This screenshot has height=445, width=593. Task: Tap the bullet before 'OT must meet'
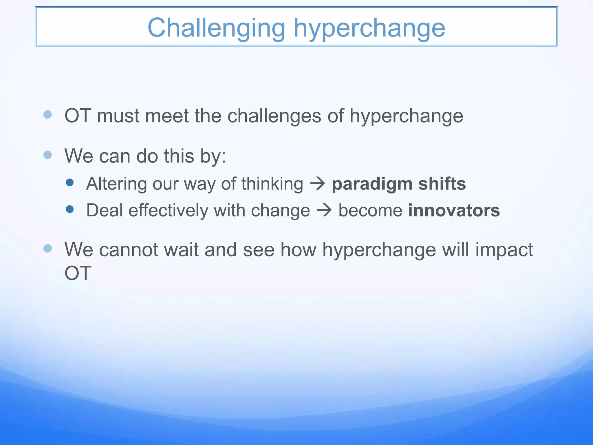[x=47, y=114]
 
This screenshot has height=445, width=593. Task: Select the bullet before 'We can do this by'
[x=47, y=155]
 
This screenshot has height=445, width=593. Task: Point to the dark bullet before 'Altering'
[x=70, y=183]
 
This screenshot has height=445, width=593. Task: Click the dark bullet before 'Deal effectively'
[x=70, y=209]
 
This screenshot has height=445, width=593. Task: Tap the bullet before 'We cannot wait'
[x=47, y=248]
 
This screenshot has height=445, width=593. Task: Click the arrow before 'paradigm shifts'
[x=318, y=184]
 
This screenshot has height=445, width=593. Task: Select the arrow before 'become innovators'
[x=324, y=210]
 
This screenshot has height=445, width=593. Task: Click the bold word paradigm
[x=372, y=184]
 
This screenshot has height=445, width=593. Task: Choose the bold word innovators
[x=454, y=210]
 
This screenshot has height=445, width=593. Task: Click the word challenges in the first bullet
[x=274, y=116]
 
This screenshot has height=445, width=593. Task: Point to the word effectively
[x=168, y=210]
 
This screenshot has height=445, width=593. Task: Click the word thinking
[x=272, y=184]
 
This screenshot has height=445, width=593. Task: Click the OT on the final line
[x=78, y=273]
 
